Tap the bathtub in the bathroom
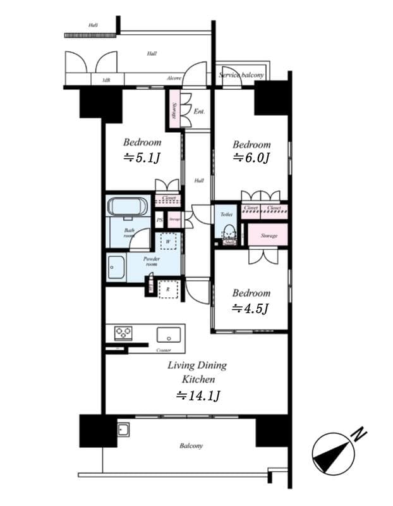tap(128, 207)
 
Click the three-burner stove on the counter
tap(123, 332)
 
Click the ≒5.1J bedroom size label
tap(142, 158)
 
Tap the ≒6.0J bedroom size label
tap(251, 158)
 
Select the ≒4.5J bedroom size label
tap(251, 308)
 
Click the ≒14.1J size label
tap(197, 396)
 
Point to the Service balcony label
tap(241, 75)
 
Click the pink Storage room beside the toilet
tap(269, 235)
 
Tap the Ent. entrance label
tap(199, 111)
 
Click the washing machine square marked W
tap(169, 242)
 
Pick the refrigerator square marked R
tap(169, 288)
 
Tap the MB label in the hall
tap(105, 80)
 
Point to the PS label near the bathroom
tap(160, 220)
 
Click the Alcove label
tap(174, 78)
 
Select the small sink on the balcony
tap(123, 430)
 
